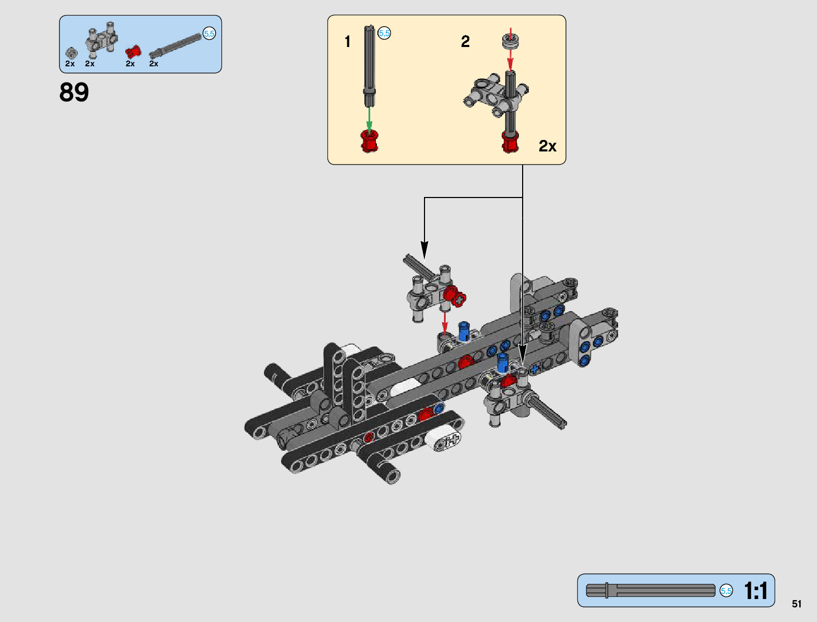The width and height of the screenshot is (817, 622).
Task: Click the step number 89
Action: [x=74, y=92]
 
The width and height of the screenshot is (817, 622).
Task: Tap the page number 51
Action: [x=796, y=604]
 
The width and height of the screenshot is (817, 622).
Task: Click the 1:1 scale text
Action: [x=755, y=591]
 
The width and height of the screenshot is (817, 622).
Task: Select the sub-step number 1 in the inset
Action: [x=348, y=42]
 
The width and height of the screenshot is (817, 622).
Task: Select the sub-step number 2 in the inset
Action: [x=465, y=42]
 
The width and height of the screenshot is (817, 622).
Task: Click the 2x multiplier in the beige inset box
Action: [x=547, y=146]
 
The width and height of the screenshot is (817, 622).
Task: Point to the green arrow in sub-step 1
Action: [x=369, y=117]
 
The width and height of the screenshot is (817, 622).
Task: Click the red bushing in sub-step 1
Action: [x=369, y=141]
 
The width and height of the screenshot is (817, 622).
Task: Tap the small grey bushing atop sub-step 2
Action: [x=510, y=40]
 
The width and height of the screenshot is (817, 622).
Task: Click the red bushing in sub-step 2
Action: [x=510, y=142]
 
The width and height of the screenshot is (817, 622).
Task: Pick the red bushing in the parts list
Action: [x=134, y=51]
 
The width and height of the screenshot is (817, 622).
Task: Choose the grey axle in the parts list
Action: [x=175, y=45]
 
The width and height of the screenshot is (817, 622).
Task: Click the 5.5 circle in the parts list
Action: [x=209, y=34]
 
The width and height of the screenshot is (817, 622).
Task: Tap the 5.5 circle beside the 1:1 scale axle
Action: [x=726, y=591]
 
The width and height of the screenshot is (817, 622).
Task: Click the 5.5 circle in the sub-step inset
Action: [x=384, y=33]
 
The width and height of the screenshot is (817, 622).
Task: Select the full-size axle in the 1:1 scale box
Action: [x=650, y=591]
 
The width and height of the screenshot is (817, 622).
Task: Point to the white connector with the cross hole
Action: [x=443, y=440]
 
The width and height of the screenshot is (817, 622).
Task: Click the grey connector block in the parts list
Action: [x=101, y=40]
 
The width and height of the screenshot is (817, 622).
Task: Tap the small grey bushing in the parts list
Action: [x=71, y=53]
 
